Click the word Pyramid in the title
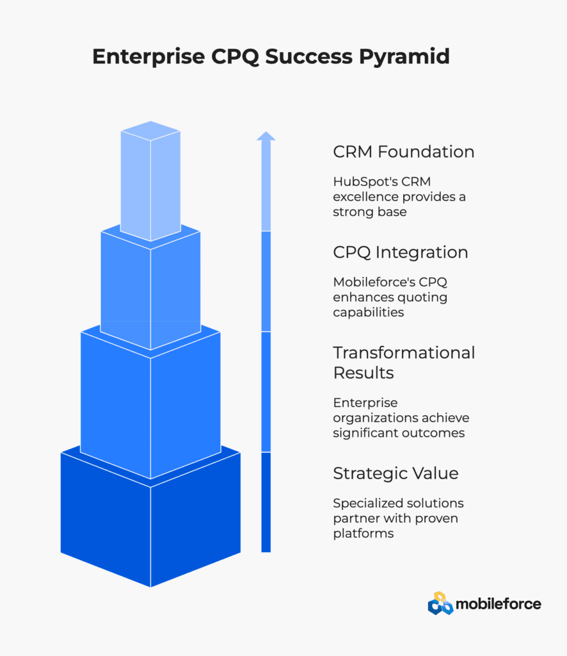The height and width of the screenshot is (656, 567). click(x=404, y=57)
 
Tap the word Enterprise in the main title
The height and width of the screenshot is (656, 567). click(x=148, y=56)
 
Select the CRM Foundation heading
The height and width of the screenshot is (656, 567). click(x=404, y=151)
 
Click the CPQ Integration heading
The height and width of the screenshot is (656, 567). click(x=400, y=252)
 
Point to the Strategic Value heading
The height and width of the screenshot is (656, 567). click(x=395, y=473)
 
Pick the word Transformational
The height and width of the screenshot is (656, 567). click(x=404, y=353)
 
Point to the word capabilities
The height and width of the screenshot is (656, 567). click(x=369, y=313)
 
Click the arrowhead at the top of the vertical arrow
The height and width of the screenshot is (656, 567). click(x=266, y=136)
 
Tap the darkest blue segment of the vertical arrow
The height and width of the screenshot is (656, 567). click(x=266, y=502)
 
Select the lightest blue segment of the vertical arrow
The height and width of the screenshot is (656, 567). click(x=266, y=186)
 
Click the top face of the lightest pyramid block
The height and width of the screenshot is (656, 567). click(x=150, y=131)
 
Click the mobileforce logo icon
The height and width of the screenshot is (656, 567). click(x=440, y=603)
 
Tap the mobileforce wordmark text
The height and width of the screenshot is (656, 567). click(x=499, y=604)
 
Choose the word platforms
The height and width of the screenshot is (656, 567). click(x=363, y=534)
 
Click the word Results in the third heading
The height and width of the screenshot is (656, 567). click(x=363, y=373)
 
